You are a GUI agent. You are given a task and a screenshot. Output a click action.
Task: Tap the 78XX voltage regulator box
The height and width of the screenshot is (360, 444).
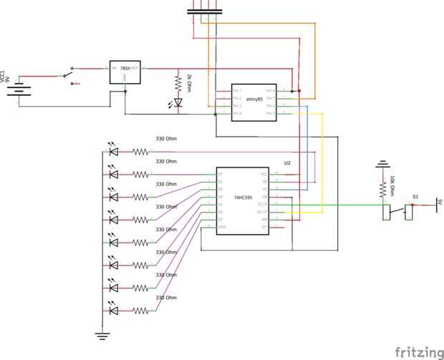[x=125, y=72]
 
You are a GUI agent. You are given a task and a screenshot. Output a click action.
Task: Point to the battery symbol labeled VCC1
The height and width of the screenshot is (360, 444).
[x=21, y=91]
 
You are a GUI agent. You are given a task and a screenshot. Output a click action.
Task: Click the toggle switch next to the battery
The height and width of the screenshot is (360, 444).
[x=69, y=74]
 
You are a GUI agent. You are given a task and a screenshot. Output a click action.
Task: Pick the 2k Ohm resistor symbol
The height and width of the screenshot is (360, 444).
[x=178, y=83]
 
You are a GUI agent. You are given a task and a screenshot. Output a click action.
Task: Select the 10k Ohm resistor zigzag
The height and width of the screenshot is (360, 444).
[x=383, y=188]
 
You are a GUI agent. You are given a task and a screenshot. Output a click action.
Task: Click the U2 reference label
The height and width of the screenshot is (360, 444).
[x=287, y=163]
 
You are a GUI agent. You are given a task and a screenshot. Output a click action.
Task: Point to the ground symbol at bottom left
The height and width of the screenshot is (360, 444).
[x=102, y=334]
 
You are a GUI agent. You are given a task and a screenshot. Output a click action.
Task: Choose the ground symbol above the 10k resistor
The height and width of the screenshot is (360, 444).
[x=383, y=165]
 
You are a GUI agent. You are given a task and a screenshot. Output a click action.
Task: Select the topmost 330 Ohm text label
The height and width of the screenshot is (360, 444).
[x=166, y=139]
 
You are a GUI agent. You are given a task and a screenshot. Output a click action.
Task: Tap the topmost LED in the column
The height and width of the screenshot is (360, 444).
[x=112, y=151]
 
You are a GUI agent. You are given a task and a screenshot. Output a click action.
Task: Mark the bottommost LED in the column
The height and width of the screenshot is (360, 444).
[x=112, y=311]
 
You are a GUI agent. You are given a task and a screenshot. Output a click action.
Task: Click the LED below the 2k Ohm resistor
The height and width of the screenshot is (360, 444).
[x=178, y=104]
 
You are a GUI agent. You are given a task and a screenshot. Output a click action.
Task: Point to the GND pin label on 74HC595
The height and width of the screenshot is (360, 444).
[x=222, y=228]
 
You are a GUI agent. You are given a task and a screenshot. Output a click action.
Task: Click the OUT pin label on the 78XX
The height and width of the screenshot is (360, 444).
[x=135, y=68]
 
